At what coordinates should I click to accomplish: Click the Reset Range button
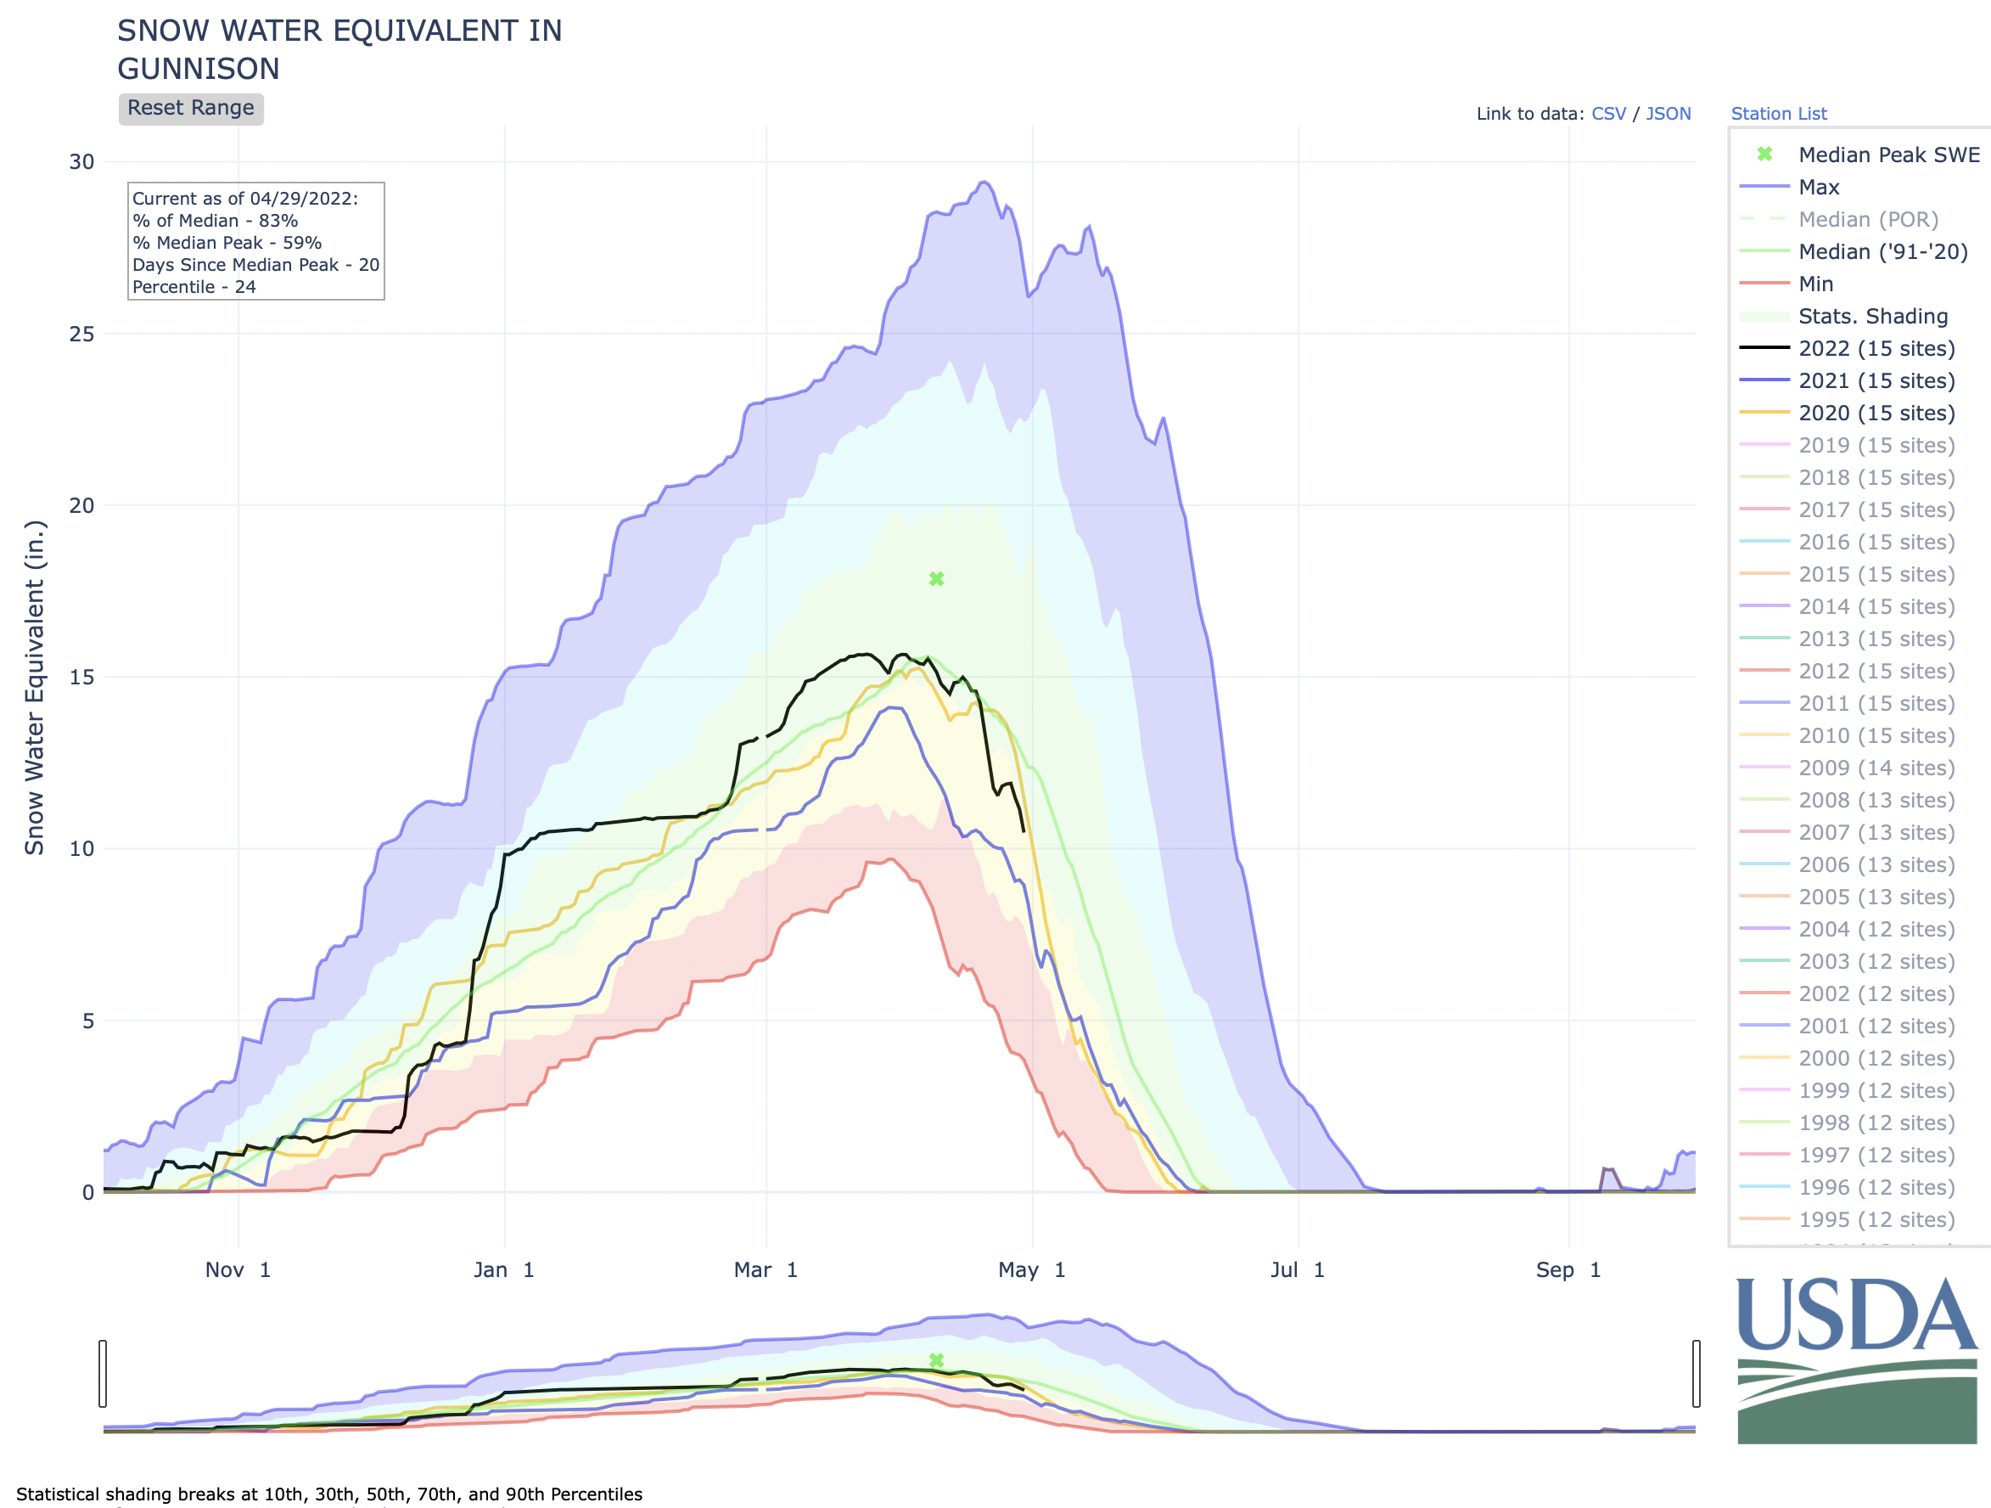[x=191, y=108]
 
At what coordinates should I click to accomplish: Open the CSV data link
[x=1608, y=114]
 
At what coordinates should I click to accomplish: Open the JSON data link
[x=1668, y=114]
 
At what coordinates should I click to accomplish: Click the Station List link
[x=1778, y=114]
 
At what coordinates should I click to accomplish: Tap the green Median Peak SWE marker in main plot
[x=936, y=579]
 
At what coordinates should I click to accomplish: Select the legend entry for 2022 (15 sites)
[x=1876, y=348]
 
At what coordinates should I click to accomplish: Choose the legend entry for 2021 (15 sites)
[x=1876, y=381]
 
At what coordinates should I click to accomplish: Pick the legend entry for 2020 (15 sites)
[x=1876, y=414]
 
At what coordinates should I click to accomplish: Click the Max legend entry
[x=1818, y=188]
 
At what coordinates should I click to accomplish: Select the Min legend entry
[x=1814, y=284]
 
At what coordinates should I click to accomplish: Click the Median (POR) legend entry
[x=1868, y=220]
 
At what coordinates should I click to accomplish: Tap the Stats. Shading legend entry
[x=1872, y=317]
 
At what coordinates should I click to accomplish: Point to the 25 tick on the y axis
[x=82, y=334]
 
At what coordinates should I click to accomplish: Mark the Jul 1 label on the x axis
[x=1297, y=1269]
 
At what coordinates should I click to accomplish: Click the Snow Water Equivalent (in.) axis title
[x=34, y=687]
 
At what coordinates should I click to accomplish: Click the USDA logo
[x=1856, y=1359]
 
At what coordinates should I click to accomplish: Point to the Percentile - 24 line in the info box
[x=194, y=287]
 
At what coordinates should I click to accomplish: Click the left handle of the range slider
[x=103, y=1373]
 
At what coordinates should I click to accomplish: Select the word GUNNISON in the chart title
[x=199, y=70]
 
